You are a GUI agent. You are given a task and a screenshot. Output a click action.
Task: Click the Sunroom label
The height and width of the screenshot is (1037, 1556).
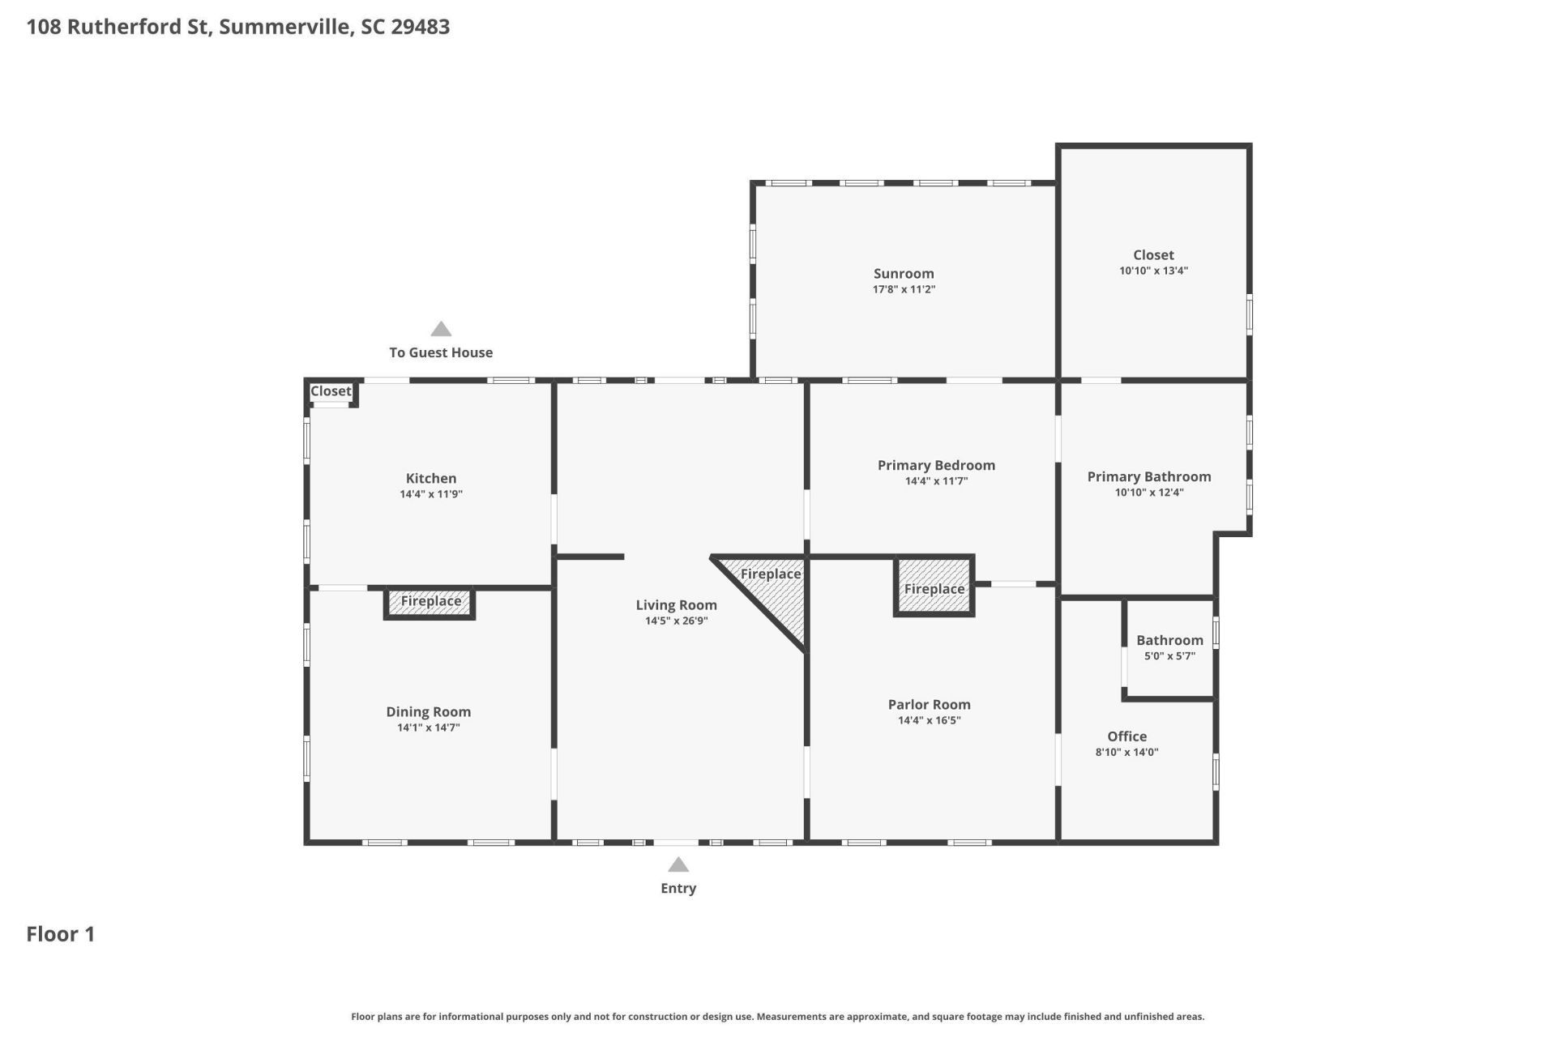pyautogui.click(x=904, y=274)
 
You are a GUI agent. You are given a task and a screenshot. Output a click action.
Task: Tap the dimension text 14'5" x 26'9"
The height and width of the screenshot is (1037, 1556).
pyautogui.click(x=676, y=621)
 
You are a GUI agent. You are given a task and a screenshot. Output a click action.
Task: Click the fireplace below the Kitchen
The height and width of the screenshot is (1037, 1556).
pyautogui.click(x=430, y=602)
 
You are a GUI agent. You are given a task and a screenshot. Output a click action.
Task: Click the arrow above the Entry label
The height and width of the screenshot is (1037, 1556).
pyautogui.click(x=678, y=864)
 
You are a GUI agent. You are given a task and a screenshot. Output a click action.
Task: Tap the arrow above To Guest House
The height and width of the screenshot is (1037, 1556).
pyautogui.click(x=441, y=329)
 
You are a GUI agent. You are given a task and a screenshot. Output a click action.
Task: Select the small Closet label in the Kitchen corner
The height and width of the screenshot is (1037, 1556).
pyautogui.click(x=331, y=391)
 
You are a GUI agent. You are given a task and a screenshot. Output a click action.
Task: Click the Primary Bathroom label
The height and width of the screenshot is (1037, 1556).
pyautogui.click(x=1148, y=477)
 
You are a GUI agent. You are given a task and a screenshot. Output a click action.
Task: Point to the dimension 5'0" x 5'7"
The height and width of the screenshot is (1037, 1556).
pyautogui.click(x=1169, y=656)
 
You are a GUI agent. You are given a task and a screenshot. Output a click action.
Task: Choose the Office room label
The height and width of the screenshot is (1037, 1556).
pyautogui.click(x=1126, y=736)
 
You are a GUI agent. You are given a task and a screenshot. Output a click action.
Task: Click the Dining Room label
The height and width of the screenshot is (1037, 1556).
pyautogui.click(x=428, y=712)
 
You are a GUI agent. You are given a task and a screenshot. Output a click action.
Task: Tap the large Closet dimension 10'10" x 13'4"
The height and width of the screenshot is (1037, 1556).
pyautogui.click(x=1153, y=271)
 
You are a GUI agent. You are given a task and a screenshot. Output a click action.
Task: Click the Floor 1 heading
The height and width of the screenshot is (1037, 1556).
pyautogui.click(x=61, y=934)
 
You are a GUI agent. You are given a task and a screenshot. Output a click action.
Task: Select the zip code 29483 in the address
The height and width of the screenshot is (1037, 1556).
pyautogui.click(x=421, y=27)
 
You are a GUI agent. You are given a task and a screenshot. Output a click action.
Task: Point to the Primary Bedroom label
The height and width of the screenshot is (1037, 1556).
pyautogui.click(x=936, y=466)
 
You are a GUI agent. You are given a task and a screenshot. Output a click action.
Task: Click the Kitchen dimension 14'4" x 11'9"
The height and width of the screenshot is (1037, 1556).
pyautogui.click(x=430, y=494)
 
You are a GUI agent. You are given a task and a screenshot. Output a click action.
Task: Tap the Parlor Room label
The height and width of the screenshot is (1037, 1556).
pyautogui.click(x=929, y=705)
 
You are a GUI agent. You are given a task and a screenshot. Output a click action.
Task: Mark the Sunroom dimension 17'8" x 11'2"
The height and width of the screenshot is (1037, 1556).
pyautogui.click(x=904, y=289)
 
